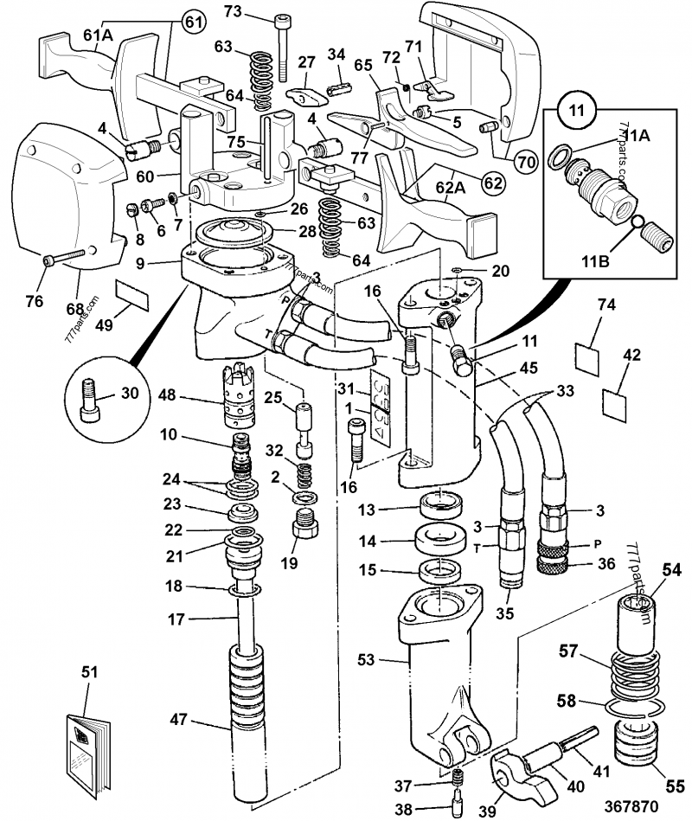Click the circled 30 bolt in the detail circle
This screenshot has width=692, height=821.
90,399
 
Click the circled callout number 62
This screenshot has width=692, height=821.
491,183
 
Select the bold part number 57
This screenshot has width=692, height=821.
568,648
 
